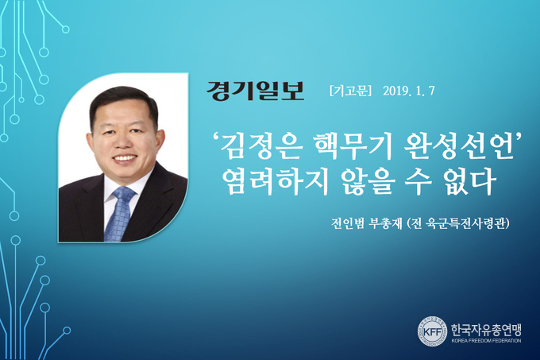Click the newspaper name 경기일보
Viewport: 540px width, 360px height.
255,91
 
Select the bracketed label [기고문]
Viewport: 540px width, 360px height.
350,91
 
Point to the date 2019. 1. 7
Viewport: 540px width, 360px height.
409,91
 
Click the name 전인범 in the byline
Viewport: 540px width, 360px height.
347,223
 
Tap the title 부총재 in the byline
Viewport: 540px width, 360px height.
385,223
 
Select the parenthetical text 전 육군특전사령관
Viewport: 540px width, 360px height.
458,223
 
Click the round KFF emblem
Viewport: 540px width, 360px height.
432,331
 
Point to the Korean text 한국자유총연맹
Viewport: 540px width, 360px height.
486,330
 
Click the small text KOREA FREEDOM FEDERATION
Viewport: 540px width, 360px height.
486,341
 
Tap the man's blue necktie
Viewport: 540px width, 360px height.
121,213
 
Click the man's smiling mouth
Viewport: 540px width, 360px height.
125,158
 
